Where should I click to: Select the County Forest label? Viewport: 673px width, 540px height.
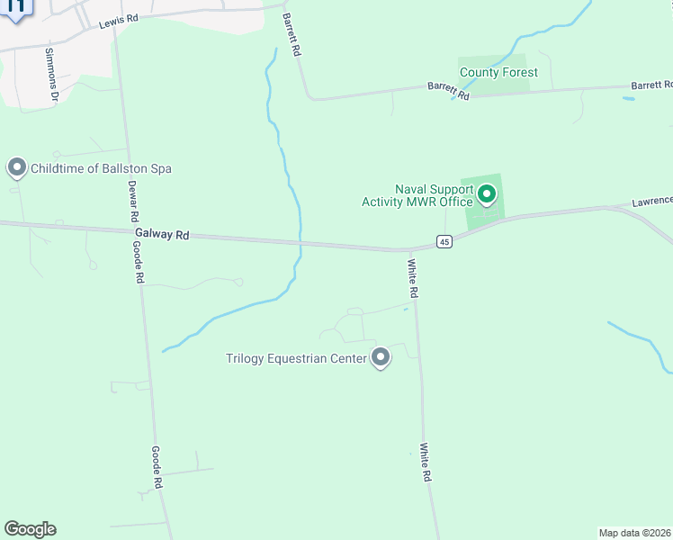(498, 72)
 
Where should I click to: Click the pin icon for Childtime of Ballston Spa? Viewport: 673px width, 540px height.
(15, 167)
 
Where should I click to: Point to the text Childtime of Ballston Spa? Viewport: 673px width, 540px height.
(101, 168)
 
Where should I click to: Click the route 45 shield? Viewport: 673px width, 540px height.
(444, 241)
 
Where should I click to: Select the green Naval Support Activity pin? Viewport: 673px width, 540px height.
(487, 193)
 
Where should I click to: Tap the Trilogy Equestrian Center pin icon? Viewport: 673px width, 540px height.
(381, 358)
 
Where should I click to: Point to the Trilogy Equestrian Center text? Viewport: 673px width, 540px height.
(296, 359)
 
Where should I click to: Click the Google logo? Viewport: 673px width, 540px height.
(30, 529)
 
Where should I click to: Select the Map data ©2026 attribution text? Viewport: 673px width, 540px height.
(634, 532)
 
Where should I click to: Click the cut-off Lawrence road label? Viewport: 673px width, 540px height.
(651, 202)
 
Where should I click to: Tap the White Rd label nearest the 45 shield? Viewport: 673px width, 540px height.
(413, 279)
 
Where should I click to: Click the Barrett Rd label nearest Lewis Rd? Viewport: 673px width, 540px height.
(290, 35)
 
